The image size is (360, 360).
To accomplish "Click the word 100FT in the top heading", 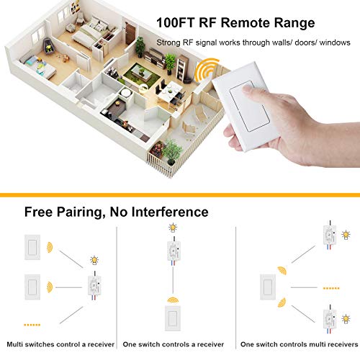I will pyautogui.click(x=175, y=22).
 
